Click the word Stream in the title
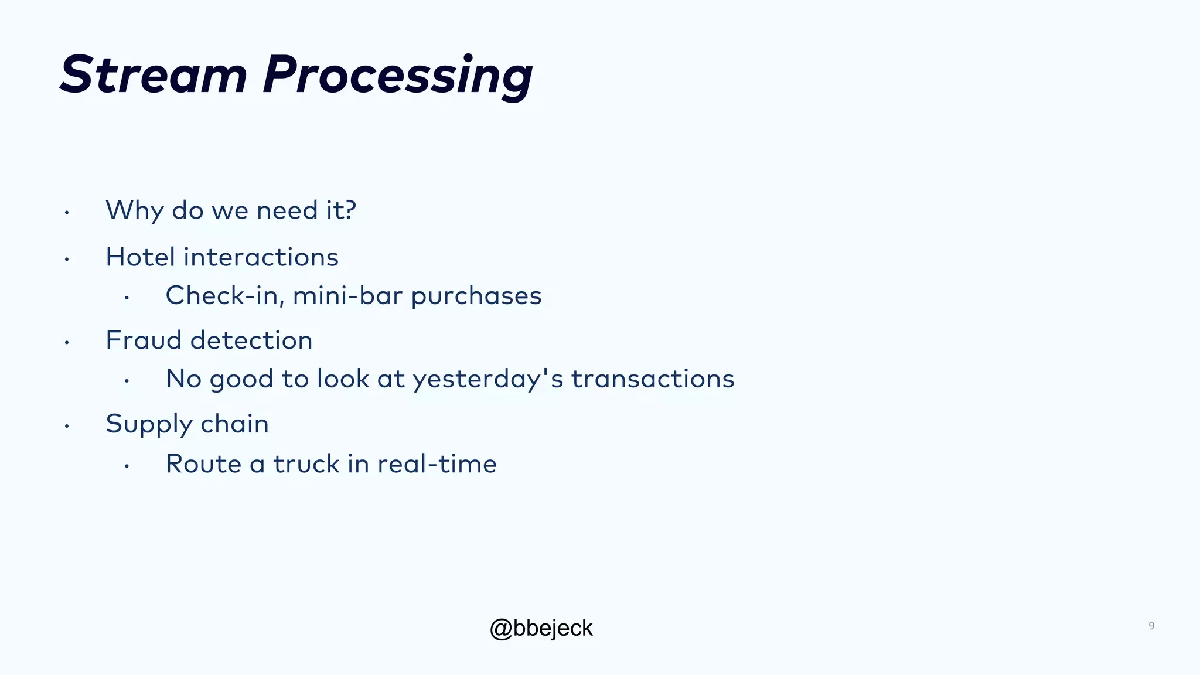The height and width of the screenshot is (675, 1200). pyautogui.click(x=154, y=75)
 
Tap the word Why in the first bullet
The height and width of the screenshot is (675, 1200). pyautogui.click(x=134, y=210)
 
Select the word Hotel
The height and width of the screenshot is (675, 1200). pyautogui.click(x=140, y=257)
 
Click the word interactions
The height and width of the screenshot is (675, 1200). pyautogui.click(x=261, y=257)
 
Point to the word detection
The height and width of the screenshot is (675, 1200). pyautogui.click(x=251, y=340)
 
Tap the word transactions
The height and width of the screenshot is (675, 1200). pyautogui.click(x=652, y=379)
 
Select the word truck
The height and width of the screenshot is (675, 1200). pyautogui.click(x=306, y=464)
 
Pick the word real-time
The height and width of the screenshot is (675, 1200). pyautogui.click(x=437, y=464)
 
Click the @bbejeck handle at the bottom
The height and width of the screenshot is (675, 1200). pyautogui.click(x=541, y=628)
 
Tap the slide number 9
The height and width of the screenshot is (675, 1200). pyautogui.click(x=1151, y=626)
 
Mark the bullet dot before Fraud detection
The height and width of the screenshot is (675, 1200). pyautogui.click(x=67, y=342)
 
